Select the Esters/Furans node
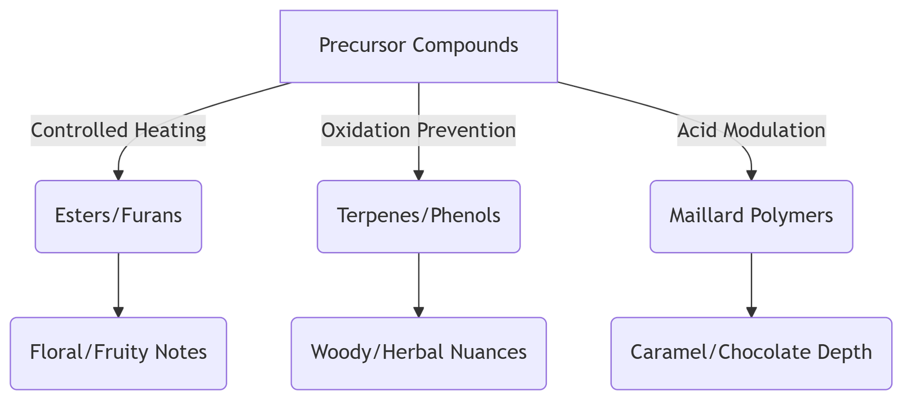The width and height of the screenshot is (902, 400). tap(118, 216)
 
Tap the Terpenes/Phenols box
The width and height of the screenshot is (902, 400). tap(418, 216)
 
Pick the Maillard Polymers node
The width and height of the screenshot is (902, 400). tap(751, 216)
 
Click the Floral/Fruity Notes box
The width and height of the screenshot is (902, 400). tap(118, 353)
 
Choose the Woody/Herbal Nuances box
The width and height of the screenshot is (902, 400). tap(418, 353)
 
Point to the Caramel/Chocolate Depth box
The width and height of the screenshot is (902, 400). tap(751, 353)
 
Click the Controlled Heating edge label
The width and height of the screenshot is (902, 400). tap(118, 130)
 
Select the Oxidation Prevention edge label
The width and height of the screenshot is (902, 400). tap(418, 130)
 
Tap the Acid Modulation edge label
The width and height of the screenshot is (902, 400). tap(751, 130)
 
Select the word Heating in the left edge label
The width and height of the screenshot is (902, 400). tap(170, 130)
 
